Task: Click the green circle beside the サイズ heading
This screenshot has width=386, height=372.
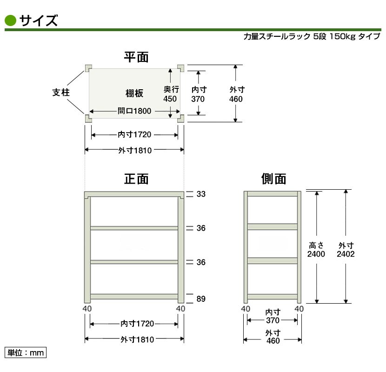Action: coord(10,20)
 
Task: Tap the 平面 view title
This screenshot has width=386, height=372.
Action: coord(136,57)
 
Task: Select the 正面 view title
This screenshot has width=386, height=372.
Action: coord(136,179)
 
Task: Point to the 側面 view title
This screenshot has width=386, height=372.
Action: coord(273,179)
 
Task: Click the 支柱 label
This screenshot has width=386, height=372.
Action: coord(61,93)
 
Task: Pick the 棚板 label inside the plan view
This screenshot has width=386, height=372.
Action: coord(134,93)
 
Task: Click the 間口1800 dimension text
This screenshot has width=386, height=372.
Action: coord(134,111)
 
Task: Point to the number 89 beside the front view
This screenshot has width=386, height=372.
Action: coord(201,299)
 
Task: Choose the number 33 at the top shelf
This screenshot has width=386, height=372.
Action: coord(201,194)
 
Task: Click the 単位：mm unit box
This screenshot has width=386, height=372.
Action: coord(26,352)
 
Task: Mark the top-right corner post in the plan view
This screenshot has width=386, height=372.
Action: coord(181,68)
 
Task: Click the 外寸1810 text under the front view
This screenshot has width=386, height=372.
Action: coord(137,339)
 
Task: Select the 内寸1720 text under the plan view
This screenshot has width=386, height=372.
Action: coord(134,135)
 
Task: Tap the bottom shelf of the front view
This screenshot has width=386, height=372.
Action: coord(134,296)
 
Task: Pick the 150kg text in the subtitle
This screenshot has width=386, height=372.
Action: coord(342,37)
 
